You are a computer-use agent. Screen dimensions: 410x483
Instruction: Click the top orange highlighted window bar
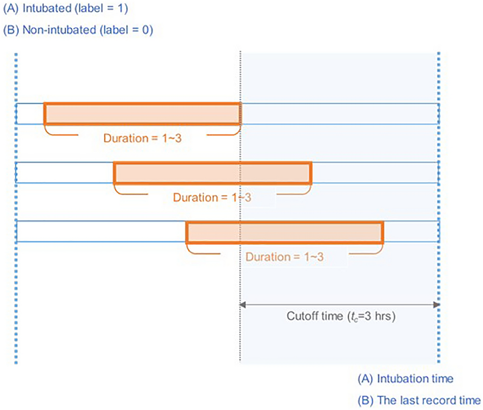(142, 113)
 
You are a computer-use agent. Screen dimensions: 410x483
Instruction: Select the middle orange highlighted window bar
(212, 173)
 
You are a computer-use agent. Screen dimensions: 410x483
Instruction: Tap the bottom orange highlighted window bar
(284, 232)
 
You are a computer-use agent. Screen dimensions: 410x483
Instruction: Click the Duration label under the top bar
(141, 138)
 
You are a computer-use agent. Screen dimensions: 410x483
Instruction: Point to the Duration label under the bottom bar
(284, 257)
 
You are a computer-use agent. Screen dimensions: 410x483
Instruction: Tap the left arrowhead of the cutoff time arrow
(242, 305)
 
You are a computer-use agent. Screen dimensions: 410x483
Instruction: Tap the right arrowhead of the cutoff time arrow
(436, 305)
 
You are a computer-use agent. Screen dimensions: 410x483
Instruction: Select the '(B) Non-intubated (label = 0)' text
(78, 30)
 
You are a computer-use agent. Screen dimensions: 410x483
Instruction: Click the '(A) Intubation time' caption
(405, 379)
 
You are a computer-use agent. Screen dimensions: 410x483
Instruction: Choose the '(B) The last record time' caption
(419, 399)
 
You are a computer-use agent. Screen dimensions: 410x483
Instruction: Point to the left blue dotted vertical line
(16, 204)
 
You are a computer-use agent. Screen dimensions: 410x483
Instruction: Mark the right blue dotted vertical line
(439, 204)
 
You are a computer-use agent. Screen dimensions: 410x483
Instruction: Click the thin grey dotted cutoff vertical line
(239, 332)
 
